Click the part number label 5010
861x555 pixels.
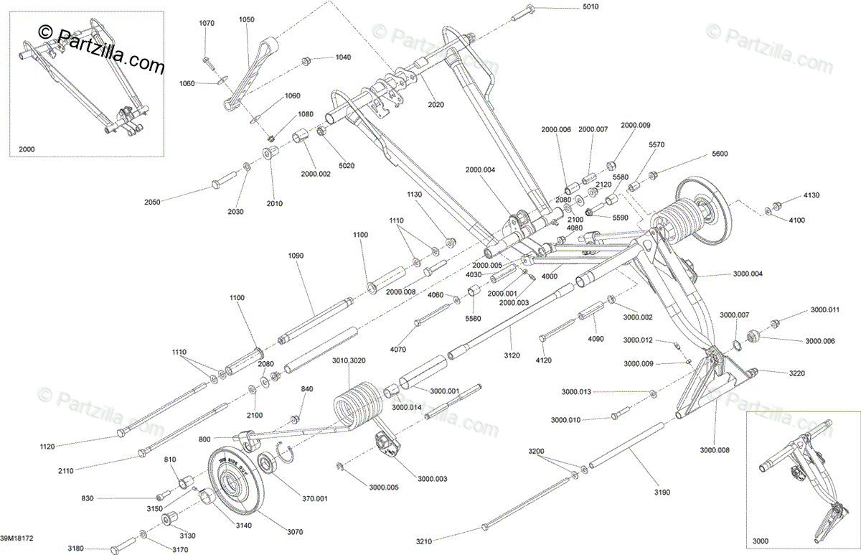pos(590,7)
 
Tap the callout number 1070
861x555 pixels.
pos(206,23)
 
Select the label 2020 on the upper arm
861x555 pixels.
pos(436,105)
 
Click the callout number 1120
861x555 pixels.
pos(47,446)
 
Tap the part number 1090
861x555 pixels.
pos(296,256)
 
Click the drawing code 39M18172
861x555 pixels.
pos(18,536)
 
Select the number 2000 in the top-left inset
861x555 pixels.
pos(27,149)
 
